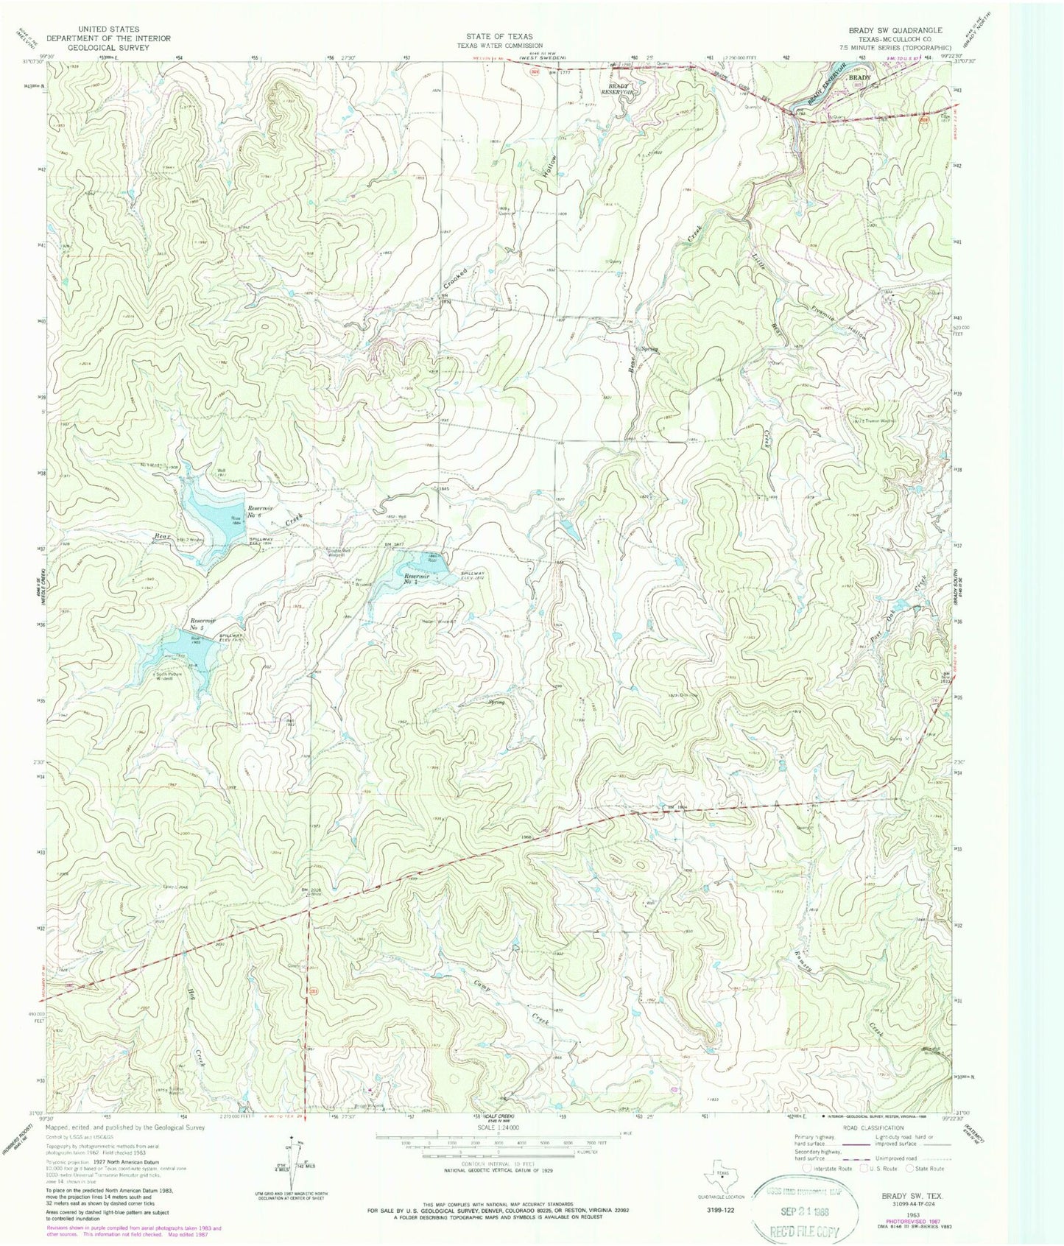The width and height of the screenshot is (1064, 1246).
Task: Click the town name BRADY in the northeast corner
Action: (x=859, y=77)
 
